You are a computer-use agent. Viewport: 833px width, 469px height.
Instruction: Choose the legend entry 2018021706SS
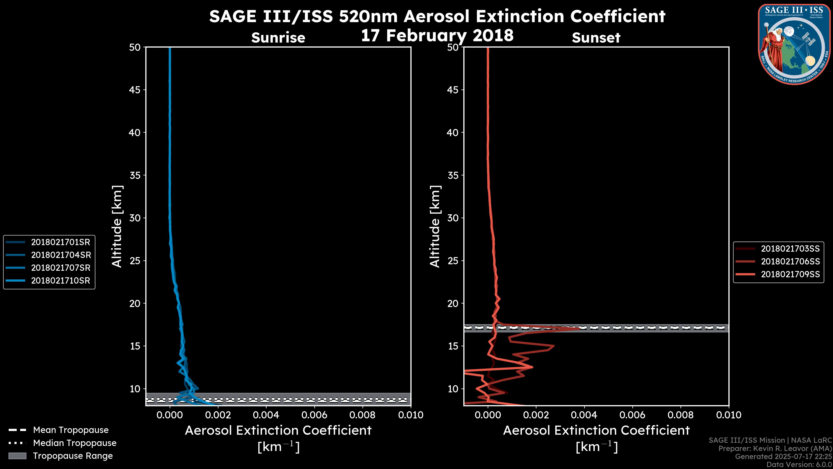coord(790,261)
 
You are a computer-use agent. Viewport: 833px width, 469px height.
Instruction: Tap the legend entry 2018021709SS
coord(790,274)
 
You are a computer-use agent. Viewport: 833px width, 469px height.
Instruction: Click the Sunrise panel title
coord(278,38)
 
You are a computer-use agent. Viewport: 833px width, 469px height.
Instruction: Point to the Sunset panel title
coord(596,38)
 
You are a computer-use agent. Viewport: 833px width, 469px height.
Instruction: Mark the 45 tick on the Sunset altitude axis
coord(453,90)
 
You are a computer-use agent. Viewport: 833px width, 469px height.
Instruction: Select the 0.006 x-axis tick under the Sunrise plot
coord(314,415)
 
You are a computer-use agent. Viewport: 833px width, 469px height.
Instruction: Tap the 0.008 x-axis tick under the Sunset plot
coord(681,415)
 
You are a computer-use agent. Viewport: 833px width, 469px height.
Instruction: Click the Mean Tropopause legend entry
coord(71,430)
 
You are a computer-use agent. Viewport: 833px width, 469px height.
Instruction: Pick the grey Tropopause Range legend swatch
coord(17,456)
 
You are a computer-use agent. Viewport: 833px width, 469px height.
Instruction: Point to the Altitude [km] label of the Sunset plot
coord(435,226)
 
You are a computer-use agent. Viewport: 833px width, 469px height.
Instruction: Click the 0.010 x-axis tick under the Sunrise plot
coord(410,415)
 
